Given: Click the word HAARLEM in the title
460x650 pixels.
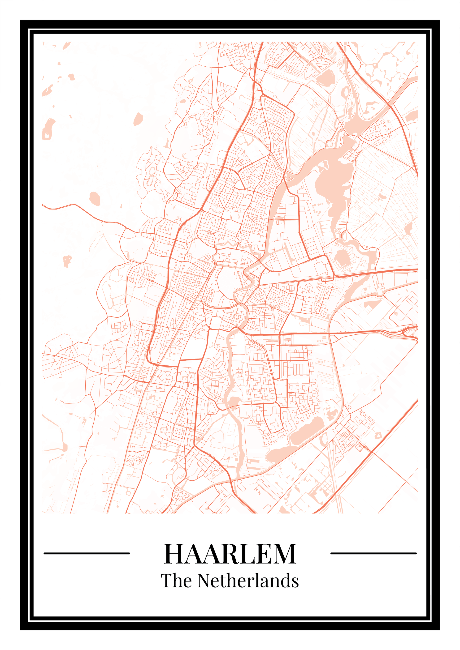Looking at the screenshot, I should coord(230,553).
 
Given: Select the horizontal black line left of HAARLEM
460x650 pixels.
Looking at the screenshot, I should coord(87,553).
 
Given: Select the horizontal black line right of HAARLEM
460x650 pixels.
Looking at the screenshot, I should coord(373,553).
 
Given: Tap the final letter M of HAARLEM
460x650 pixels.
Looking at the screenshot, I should coord(284,554).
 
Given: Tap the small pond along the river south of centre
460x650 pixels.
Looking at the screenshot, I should coord(234,401).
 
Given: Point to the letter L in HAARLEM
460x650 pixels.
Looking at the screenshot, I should coord(246,554).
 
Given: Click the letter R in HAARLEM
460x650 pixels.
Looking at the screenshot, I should coord(228,554).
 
